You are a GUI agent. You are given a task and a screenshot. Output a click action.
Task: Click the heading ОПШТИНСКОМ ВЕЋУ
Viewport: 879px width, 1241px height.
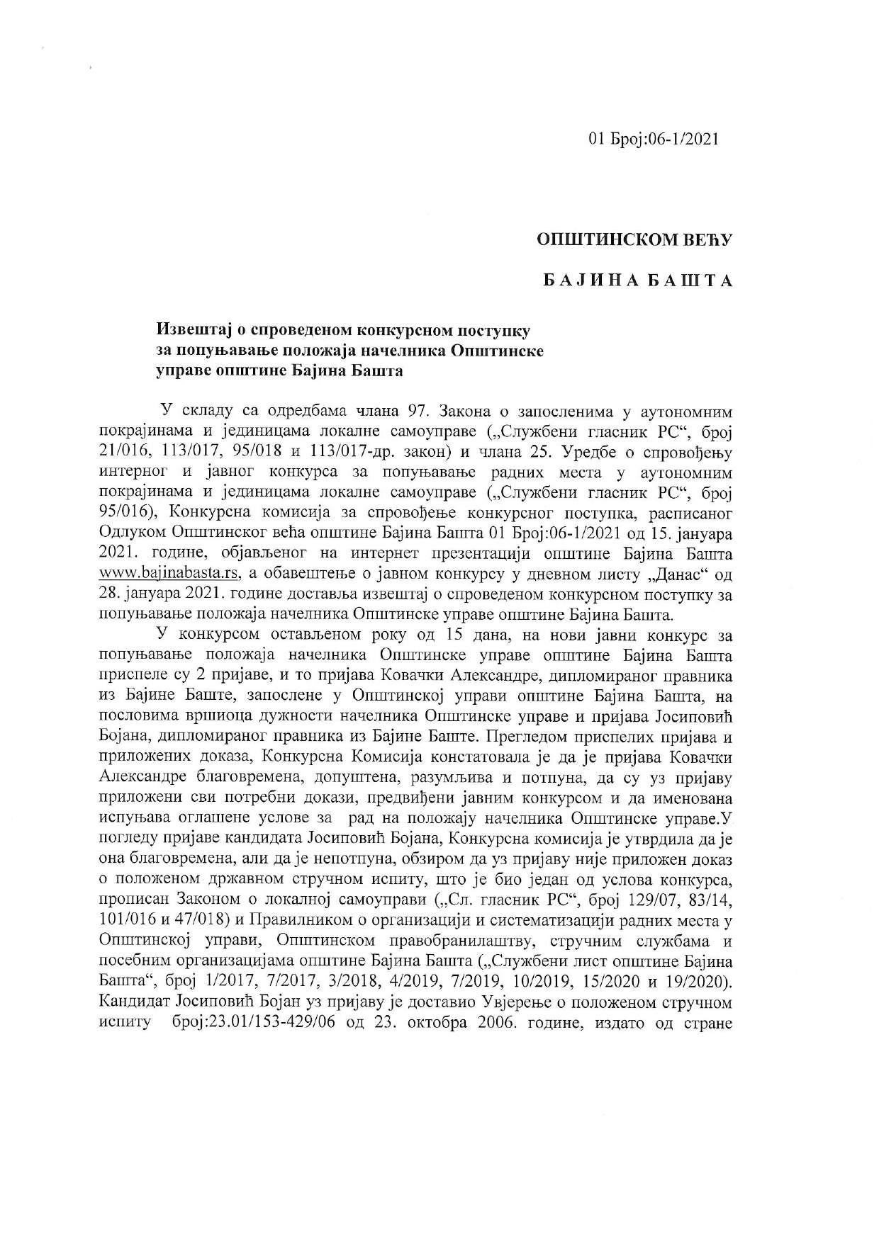pyautogui.click(x=634, y=241)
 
